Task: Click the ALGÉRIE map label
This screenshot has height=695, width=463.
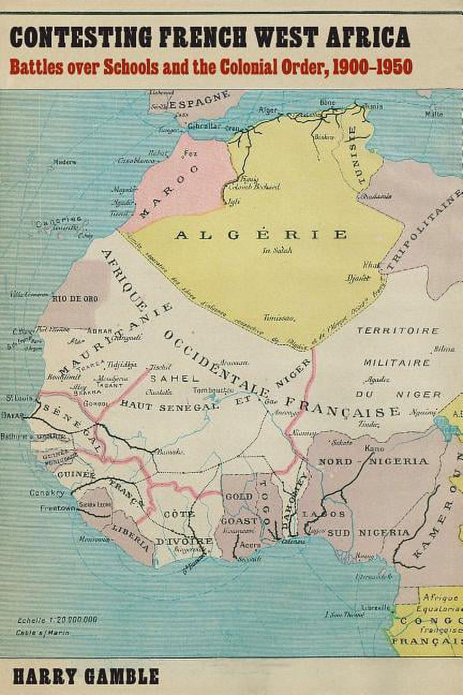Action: [260, 235]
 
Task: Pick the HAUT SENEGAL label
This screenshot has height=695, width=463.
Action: [170, 406]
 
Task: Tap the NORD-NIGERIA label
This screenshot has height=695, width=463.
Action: [373, 461]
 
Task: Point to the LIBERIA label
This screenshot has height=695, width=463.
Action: [131, 537]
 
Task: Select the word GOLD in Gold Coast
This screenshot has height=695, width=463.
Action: [238, 496]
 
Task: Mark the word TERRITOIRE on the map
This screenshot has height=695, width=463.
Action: [398, 331]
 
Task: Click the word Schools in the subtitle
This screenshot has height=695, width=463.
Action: [129, 67]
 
